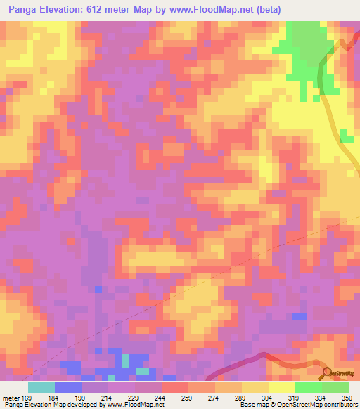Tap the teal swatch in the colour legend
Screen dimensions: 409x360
(41, 387)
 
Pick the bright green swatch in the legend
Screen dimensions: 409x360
(309, 387)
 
